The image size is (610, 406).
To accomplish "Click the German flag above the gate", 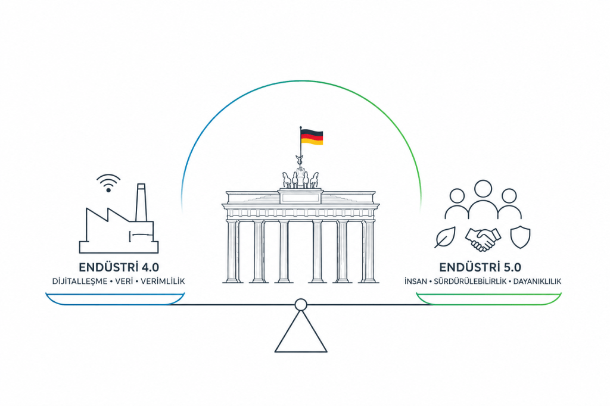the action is click(x=312, y=138).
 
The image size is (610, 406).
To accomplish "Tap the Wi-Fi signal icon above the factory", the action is click(x=108, y=183).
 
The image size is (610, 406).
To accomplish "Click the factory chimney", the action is click(x=141, y=202).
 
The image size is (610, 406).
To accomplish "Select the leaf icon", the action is click(x=445, y=237).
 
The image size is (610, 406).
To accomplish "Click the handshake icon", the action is click(x=483, y=238).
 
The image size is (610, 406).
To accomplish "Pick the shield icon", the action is click(x=520, y=237).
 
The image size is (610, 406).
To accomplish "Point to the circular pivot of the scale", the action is click(x=301, y=305).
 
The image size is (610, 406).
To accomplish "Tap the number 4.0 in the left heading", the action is click(x=150, y=267).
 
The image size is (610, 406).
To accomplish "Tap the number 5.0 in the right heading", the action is click(x=512, y=267).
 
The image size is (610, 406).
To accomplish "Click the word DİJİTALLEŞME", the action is click(x=80, y=281).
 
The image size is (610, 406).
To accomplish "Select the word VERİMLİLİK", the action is click(x=163, y=281).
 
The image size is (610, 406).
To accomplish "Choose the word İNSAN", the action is click(x=416, y=281).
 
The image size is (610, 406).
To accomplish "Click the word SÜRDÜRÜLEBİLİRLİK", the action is click(x=471, y=281).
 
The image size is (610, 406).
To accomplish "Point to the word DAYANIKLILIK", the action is click(x=537, y=281).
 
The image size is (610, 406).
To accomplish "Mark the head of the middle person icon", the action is click(x=483, y=189).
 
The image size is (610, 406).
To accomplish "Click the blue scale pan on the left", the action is click(x=115, y=299).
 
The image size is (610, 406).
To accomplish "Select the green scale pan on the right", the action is click(x=488, y=299).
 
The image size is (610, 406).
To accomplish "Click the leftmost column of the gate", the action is click(x=233, y=251).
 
